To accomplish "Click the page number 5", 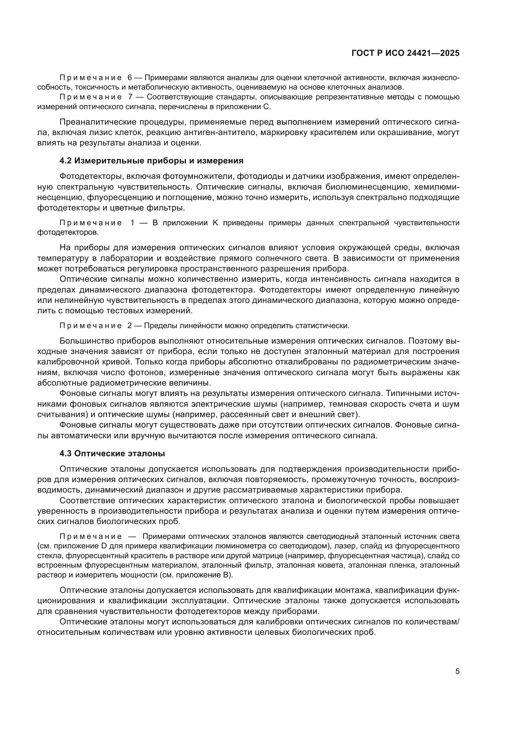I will pos(457,671).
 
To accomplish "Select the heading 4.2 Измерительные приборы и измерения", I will pos(151,161).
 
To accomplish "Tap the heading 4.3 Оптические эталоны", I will pos(112,453).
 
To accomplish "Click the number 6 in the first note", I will pos(130,78).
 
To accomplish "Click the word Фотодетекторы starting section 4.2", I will pos(91,176).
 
